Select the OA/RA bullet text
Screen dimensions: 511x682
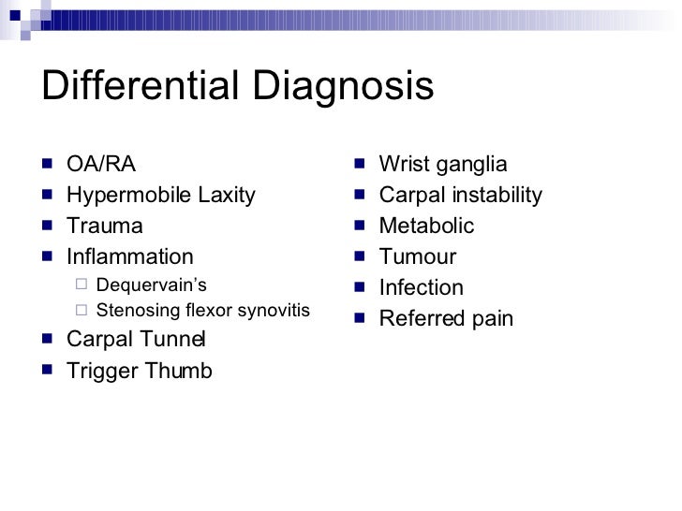click(101, 166)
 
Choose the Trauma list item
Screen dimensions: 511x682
click(105, 226)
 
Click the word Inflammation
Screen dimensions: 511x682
click(130, 256)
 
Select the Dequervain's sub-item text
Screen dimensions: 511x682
click(151, 285)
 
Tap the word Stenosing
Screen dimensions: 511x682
click(134, 311)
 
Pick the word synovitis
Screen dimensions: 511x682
click(274, 311)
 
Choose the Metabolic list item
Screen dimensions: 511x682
click(426, 226)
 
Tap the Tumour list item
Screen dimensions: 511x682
click(417, 256)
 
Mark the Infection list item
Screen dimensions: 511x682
click(421, 287)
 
